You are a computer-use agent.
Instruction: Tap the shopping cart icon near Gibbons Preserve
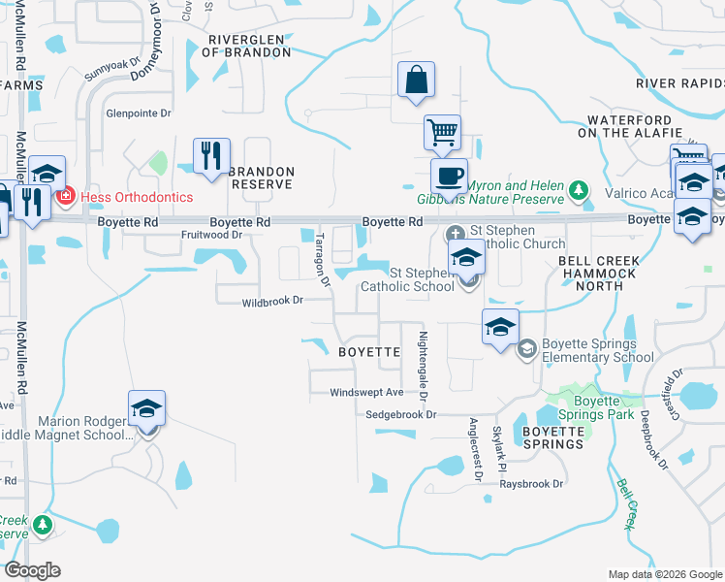click(442, 132)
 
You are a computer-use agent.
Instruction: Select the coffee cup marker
click(449, 177)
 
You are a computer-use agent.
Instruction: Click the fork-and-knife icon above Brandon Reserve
click(211, 155)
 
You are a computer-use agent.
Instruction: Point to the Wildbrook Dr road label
click(272, 302)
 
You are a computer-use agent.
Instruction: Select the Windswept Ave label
click(365, 393)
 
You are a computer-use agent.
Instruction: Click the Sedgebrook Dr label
click(402, 414)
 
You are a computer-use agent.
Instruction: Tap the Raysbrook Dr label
click(531, 484)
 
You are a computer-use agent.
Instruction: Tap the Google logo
click(32, 570)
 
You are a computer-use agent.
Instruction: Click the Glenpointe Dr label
click(138, 113)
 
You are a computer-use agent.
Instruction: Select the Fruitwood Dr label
click(210, 235)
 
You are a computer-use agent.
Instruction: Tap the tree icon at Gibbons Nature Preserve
click(579, 188)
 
